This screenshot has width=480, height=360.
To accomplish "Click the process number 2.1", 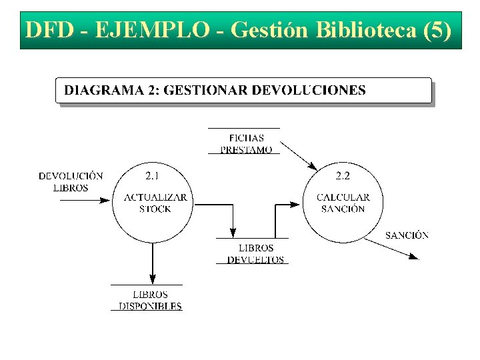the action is click(152, 176).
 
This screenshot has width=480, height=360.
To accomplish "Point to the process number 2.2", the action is click(343, 176).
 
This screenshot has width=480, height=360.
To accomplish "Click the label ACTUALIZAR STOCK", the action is click(155, 203).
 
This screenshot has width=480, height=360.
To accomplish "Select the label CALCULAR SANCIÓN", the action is click(343, 203).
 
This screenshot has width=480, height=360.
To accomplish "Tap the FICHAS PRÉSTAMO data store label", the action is click(246, 144).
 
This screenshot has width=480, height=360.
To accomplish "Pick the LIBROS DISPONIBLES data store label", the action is click(150, 301).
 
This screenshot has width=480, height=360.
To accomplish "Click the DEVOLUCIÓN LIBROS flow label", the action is click(71, 182).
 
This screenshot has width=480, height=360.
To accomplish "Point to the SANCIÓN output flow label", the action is click(407, 235).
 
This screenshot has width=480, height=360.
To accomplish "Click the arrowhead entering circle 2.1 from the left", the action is click(105, 199).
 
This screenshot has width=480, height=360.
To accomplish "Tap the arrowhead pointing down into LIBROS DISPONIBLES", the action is click(153, 278).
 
